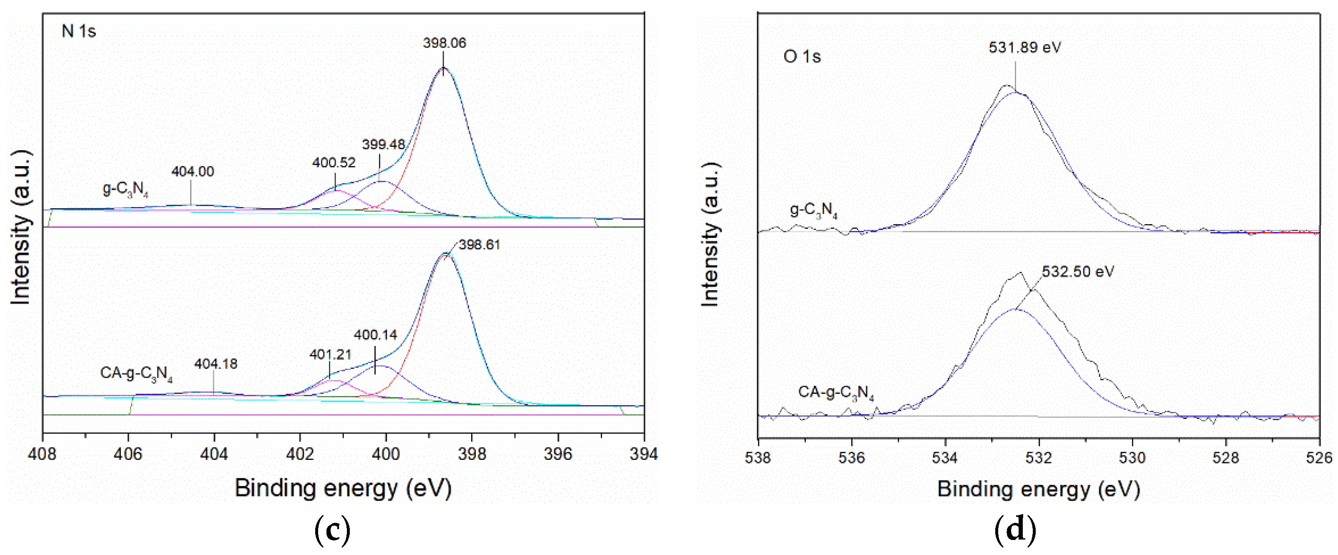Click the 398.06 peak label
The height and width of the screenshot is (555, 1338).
[444, 43]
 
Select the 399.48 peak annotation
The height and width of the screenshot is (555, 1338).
[383, 144]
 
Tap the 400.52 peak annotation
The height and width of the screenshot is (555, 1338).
[334, 163]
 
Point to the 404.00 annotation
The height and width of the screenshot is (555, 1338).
[193, 172]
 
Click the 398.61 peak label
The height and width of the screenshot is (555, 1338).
[479, 245]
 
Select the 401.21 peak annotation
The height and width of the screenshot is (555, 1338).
[330, 354]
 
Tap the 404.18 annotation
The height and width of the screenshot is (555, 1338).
[216, 364]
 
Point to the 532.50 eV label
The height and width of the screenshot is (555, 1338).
[1078, 272]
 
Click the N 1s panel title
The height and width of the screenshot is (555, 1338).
[79, 32]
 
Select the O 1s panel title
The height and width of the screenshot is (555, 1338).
[802, 57]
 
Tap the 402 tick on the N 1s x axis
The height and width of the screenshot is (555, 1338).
[300, 454]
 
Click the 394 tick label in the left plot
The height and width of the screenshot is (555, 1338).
[643, 454]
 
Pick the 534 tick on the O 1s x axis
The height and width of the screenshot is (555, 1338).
[945, 458]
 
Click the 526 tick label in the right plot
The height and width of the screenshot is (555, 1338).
[1319, 458]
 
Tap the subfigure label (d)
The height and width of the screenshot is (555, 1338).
[1015, 530]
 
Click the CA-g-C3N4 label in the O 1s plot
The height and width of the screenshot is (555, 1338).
[836, 393]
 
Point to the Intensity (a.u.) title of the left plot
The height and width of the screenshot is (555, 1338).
[21, 227]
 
